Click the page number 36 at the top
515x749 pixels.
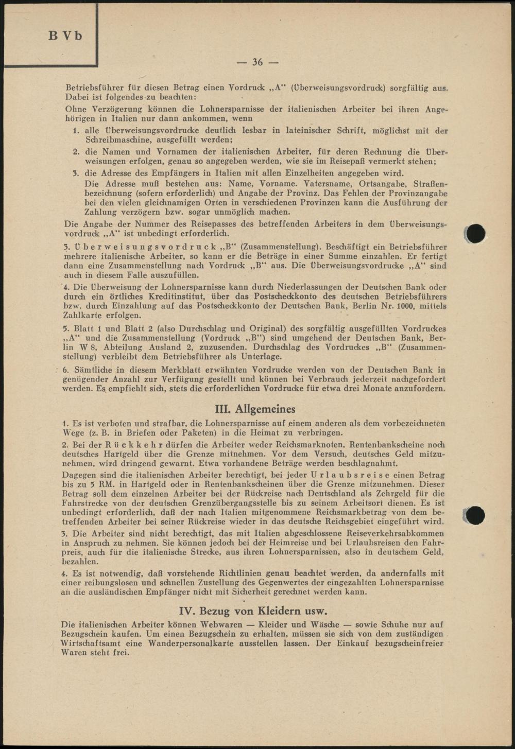(x=257, y=62)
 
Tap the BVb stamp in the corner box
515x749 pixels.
(x=65, y=36)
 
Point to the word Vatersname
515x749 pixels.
(x=329, y=183)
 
